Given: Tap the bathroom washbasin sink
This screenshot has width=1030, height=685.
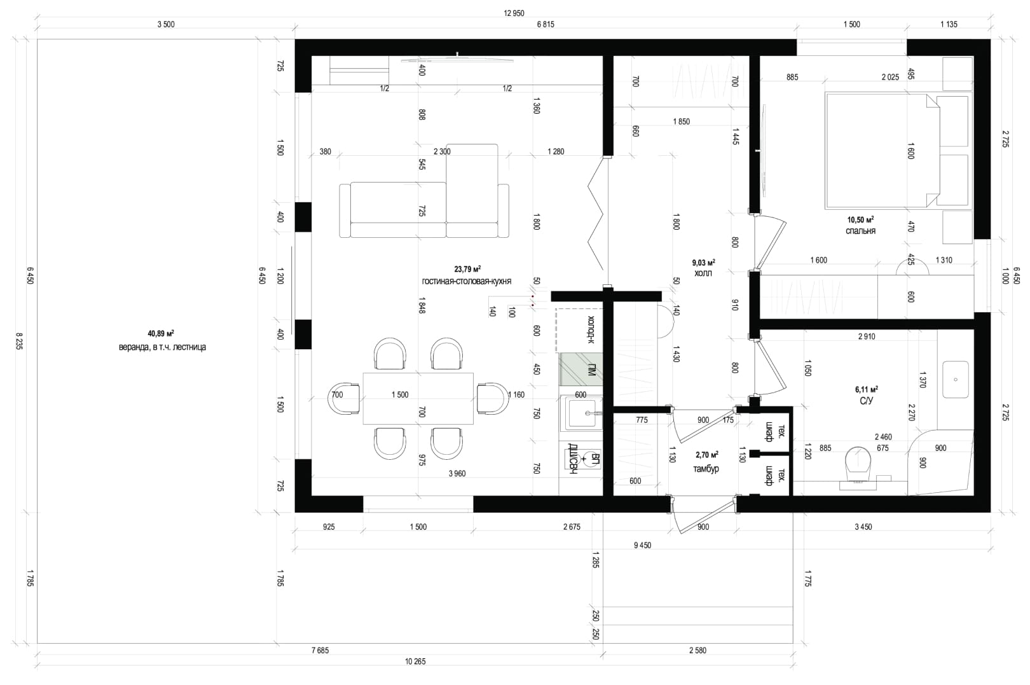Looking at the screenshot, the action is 956,380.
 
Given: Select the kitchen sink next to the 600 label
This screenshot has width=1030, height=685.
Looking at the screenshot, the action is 582,413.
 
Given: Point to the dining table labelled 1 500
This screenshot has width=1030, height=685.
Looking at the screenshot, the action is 418,398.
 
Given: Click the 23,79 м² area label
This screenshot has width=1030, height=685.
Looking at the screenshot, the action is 467,269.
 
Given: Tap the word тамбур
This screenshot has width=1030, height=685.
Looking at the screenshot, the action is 706,469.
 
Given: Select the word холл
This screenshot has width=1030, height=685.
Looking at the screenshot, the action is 703,273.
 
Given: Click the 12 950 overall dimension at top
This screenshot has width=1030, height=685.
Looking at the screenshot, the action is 514,13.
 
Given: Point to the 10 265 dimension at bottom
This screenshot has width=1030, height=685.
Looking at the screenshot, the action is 415,661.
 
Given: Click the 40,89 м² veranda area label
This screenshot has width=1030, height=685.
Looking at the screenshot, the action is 160,333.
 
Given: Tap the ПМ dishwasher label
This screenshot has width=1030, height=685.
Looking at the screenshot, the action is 591,369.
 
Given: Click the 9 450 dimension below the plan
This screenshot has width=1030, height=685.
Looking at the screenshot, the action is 642,545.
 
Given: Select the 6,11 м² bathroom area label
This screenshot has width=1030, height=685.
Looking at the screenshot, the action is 867,390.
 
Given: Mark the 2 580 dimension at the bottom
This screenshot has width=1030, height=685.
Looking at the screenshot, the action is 697,651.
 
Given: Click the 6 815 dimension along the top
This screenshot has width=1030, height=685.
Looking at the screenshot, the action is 546,24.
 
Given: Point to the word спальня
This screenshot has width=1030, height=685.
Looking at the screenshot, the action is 860,231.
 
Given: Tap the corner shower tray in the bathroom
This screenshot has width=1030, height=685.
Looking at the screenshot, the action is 941,462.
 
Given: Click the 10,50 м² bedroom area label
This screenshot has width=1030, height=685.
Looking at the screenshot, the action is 860,220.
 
